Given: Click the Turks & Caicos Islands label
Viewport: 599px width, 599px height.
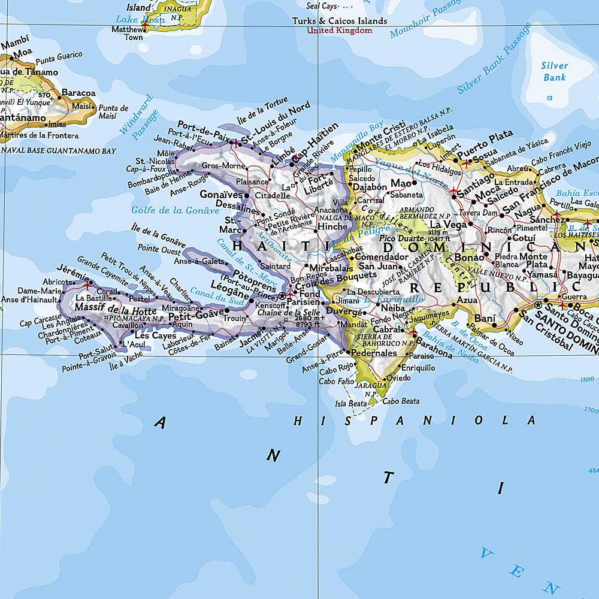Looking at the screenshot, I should pyautogui.click(x=339, y=21).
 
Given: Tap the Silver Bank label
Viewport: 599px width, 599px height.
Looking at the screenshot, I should pyautogui.click(x=554, y=71).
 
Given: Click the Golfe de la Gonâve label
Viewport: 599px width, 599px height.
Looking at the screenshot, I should pyautogui.click(x=175, y=210).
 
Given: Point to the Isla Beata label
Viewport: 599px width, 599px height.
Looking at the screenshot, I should pyautogui.click(x=350, y=404).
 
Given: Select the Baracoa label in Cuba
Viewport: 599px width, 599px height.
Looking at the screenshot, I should pyautogui.click(x=78, y=93).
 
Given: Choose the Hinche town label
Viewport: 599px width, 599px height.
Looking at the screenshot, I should pyautogui.click(x=332, y=227).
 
